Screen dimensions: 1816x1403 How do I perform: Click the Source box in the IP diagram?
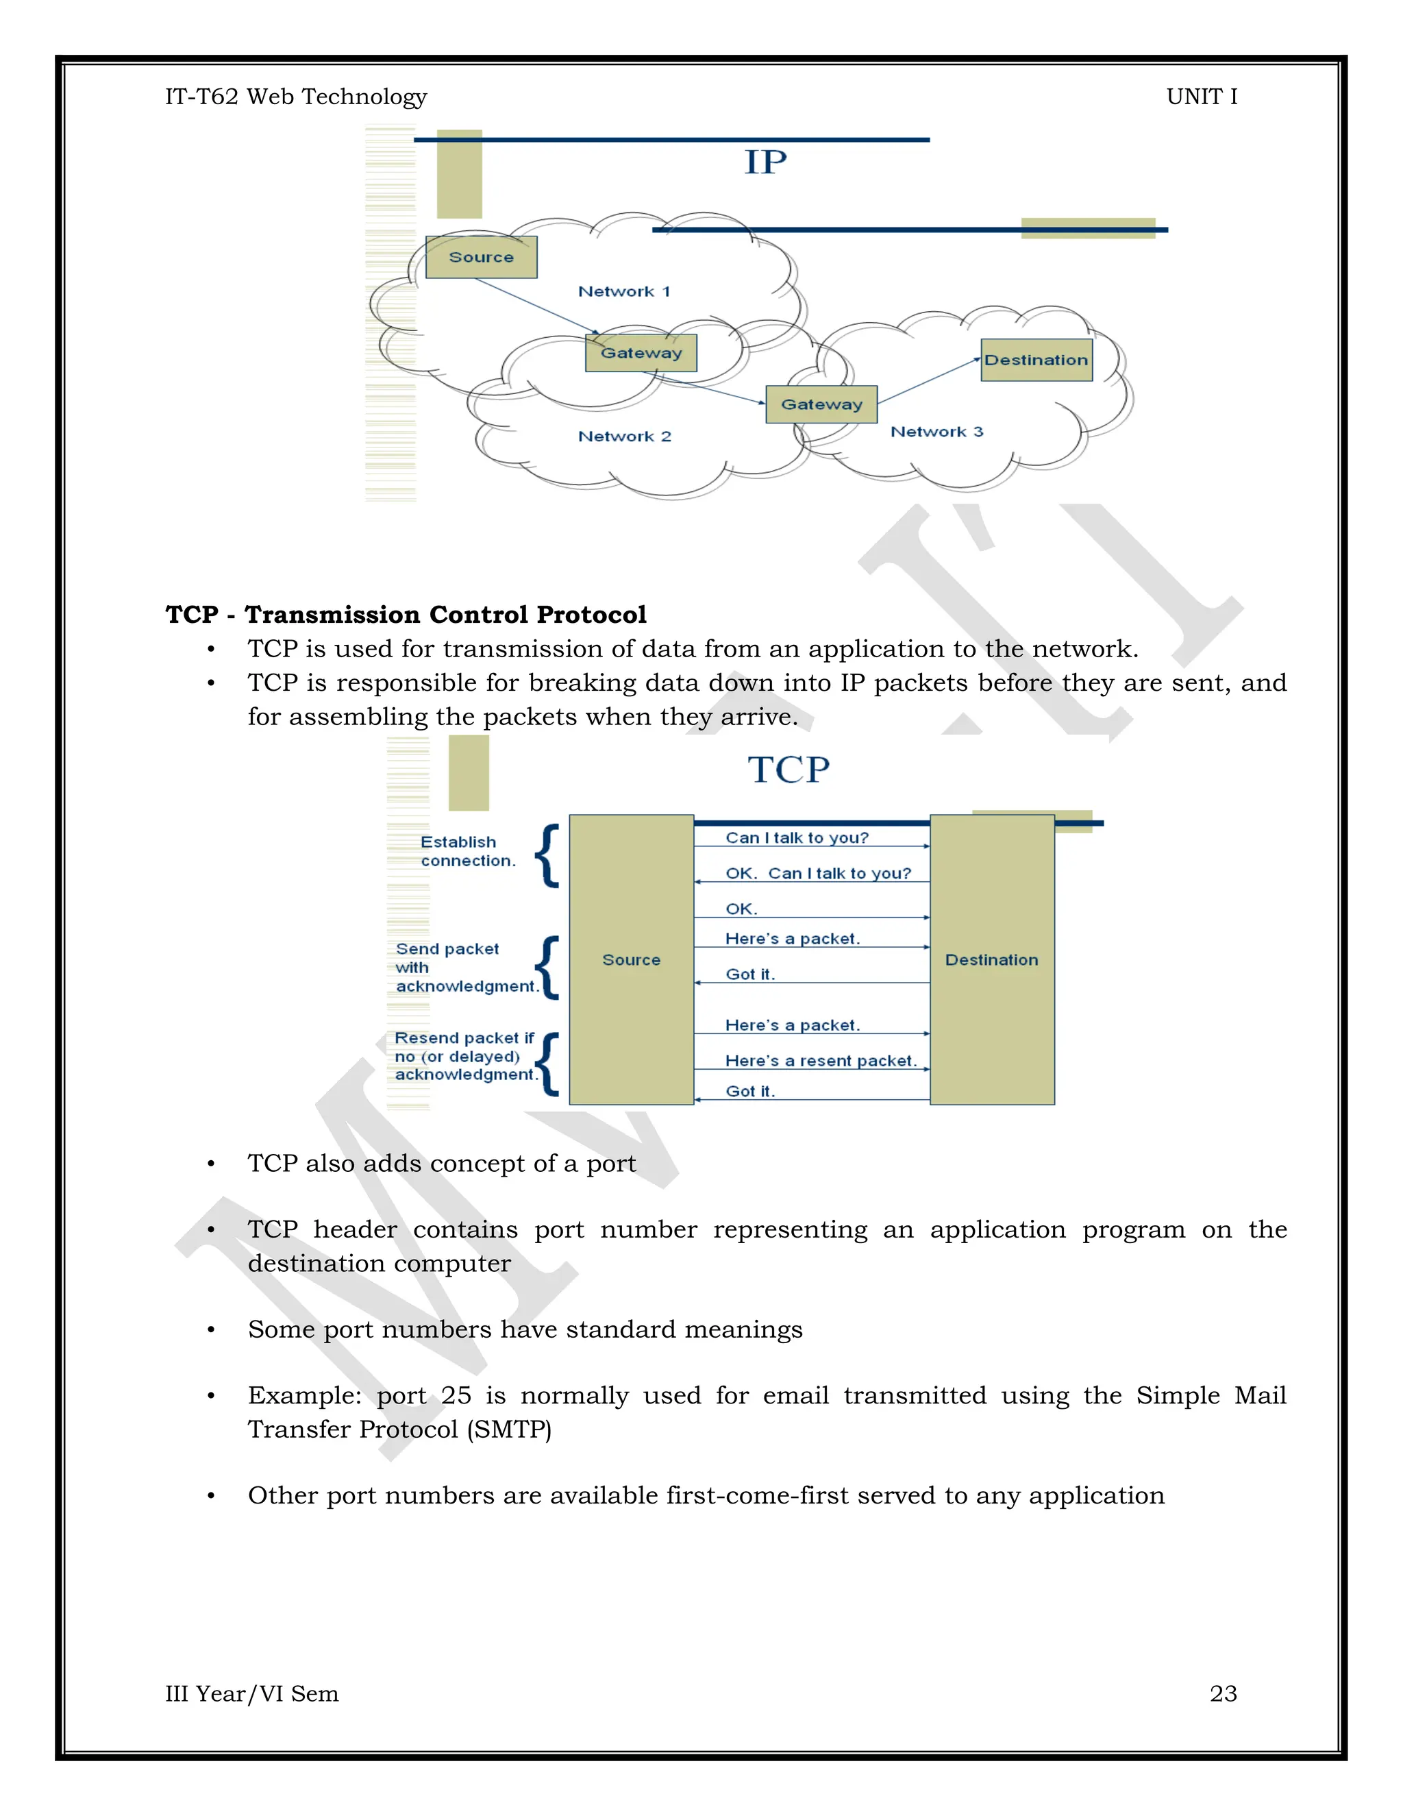(481, 257)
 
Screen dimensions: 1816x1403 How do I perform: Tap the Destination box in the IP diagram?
(1036, 360)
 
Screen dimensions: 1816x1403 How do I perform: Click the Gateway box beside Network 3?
(821, 404)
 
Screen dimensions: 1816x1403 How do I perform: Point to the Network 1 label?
(624, 292)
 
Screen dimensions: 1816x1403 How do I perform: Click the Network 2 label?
(624, 437)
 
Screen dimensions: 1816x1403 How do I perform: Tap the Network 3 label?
(936, 432)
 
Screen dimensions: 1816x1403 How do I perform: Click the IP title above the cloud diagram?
(765, 162)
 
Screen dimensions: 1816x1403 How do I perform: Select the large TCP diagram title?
(788, 770)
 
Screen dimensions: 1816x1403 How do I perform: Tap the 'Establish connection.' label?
(467, 851)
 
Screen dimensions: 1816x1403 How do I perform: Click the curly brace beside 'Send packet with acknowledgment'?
(548, 967)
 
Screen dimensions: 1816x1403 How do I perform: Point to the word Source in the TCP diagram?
(632, 959)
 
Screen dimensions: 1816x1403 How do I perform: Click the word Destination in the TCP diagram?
(991, 959)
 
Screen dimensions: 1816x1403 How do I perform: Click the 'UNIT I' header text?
(1201, 97)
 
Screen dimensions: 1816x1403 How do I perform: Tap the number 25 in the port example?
(456, 1395)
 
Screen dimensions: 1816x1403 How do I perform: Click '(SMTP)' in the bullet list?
(509, 1430)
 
